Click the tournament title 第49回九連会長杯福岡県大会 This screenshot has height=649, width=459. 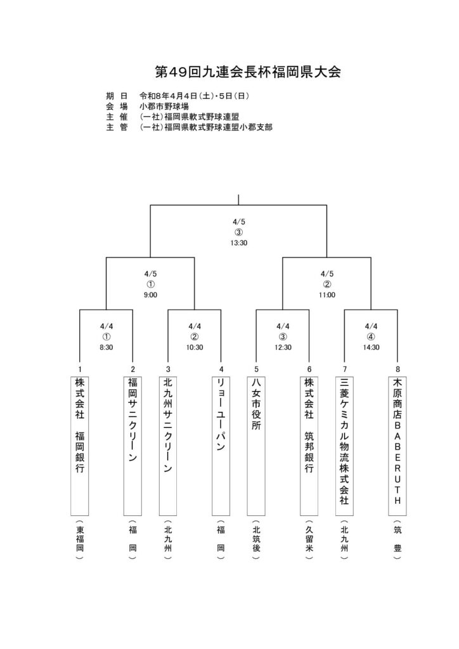pyautogui.click(x=248, y=71)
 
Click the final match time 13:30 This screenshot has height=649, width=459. pyautogui.click(x=238, y=243)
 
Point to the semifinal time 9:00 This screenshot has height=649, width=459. pyautogui.click(x=150, y=295)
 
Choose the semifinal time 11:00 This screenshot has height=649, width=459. pyautogui.click(x=327, y=295)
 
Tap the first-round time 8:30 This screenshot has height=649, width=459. pyautogui.click(x=107, y=347)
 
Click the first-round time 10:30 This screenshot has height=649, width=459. pyautogui.click(x=195, y=347)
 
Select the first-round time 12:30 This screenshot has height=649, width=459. pyautogui.click(x=283, y=347)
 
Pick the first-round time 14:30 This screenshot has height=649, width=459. pyautogui.click(x=372, y=347)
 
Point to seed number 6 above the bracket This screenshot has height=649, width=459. pyautogui.click(x=309, y=369)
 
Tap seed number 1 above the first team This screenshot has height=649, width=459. pyautogui.click(x=79, y=369)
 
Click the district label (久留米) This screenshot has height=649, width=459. pyautogui.click(x=309, y=543)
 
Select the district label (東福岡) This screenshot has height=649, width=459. pyautogui.click(x=79, y=543)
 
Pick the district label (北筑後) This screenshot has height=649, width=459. pyautogui.click(x=256, y=543)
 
